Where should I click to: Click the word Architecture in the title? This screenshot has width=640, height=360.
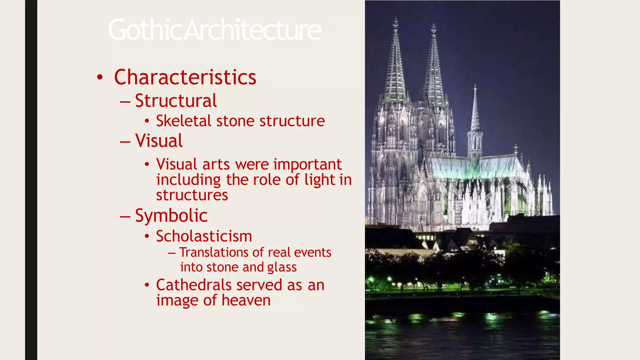[x=253, y=30]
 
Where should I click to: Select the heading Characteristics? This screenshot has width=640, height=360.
[x=185, y=77]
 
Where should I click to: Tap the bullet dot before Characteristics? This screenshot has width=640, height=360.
[x=100, y=77]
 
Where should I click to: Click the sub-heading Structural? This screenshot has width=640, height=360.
[x=176, y=101]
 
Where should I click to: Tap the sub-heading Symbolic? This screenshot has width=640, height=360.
[x=171, y=216]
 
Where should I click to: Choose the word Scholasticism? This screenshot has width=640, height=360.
[x=204, y=236]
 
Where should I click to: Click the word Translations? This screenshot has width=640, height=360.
[x=213, y=252]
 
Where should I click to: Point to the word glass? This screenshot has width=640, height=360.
[x=282, y=267]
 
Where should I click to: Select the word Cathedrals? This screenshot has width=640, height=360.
[x=194, y=285]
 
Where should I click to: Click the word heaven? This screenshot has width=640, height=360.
[x=246, y=300]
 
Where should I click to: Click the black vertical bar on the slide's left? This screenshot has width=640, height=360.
[x=31, y=180]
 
